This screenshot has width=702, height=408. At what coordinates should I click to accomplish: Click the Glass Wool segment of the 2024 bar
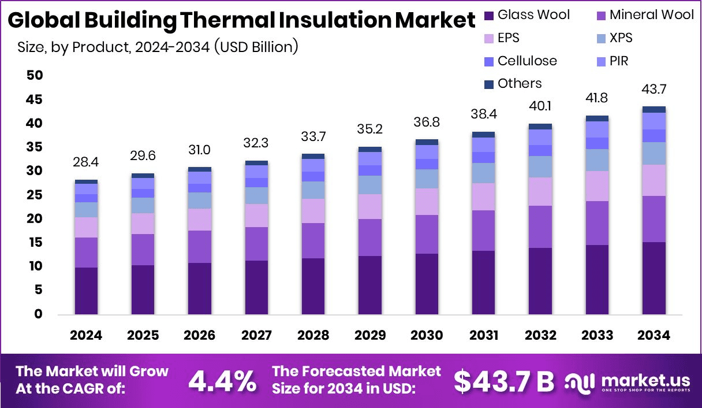(x=86, y=291)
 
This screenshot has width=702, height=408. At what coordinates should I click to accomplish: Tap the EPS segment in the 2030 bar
(x=427, y=202)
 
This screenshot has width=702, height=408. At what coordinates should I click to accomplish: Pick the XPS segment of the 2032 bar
(x=540, y=166)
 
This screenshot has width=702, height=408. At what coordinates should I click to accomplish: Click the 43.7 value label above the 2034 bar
(x=654, y=90)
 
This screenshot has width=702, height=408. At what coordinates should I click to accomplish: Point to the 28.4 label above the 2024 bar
(x=86, y=162)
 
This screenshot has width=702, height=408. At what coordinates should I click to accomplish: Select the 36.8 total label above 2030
(x=427, y=123)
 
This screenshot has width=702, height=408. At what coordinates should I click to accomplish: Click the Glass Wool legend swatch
(x=488, y=15)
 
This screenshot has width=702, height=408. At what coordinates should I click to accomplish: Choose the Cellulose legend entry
(x=520, y=61)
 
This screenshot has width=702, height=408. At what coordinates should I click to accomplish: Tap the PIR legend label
(x=619, y=61)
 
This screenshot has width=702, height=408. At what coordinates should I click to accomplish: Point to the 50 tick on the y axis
(x=34, y=75)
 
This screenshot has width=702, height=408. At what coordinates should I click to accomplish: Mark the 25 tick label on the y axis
(x=34, y=195)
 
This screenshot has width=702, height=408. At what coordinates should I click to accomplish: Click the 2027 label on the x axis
(x=256, y=336)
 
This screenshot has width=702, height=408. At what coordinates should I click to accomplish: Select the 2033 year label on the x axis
(x=597, y=336)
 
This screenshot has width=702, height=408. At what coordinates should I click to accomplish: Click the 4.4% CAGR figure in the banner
(x=223, y=380)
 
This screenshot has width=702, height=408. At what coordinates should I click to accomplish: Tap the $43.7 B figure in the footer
(x=503, y=380)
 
